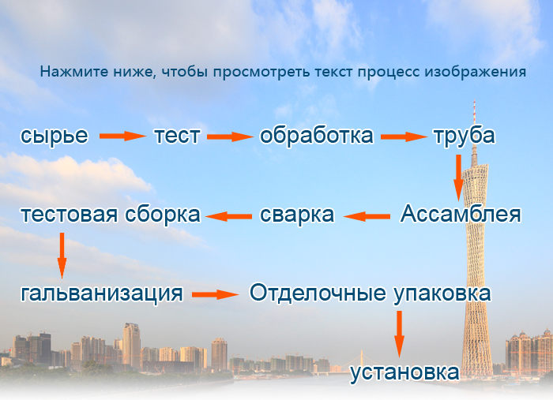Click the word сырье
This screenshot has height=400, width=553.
(55, 136)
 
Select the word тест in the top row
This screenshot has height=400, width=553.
(178, 136)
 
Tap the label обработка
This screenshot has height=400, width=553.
(316, 135)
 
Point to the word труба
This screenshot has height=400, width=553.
(465, 136)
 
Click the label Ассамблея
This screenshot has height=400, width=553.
(461, 214)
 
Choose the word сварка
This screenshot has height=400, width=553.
(297, 215)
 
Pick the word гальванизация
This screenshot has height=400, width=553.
(102, 293)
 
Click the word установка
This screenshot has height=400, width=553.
(404, 373)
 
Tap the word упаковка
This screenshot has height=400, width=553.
(442, 294)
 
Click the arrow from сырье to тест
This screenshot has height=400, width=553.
(122, 136)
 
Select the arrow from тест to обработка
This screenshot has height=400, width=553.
(230, 136)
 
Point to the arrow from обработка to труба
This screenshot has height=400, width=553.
(404, 136)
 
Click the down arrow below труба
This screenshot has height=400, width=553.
(458, 178)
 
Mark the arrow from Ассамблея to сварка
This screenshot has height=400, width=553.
(367, 216)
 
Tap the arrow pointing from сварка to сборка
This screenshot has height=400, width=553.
(228, 216)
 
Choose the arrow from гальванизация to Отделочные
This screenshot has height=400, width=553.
(216, 294)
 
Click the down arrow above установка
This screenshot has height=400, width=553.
(399, 335)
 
